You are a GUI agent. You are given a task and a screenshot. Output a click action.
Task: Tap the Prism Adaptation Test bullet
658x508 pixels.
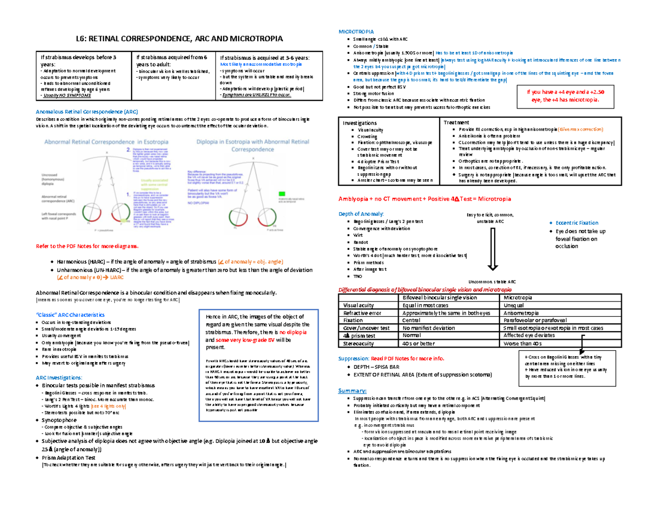coord(72,458)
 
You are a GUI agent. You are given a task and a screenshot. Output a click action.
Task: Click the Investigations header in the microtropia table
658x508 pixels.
coord(360,123)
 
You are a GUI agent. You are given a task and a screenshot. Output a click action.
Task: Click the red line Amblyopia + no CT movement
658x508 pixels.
coord(426,198)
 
